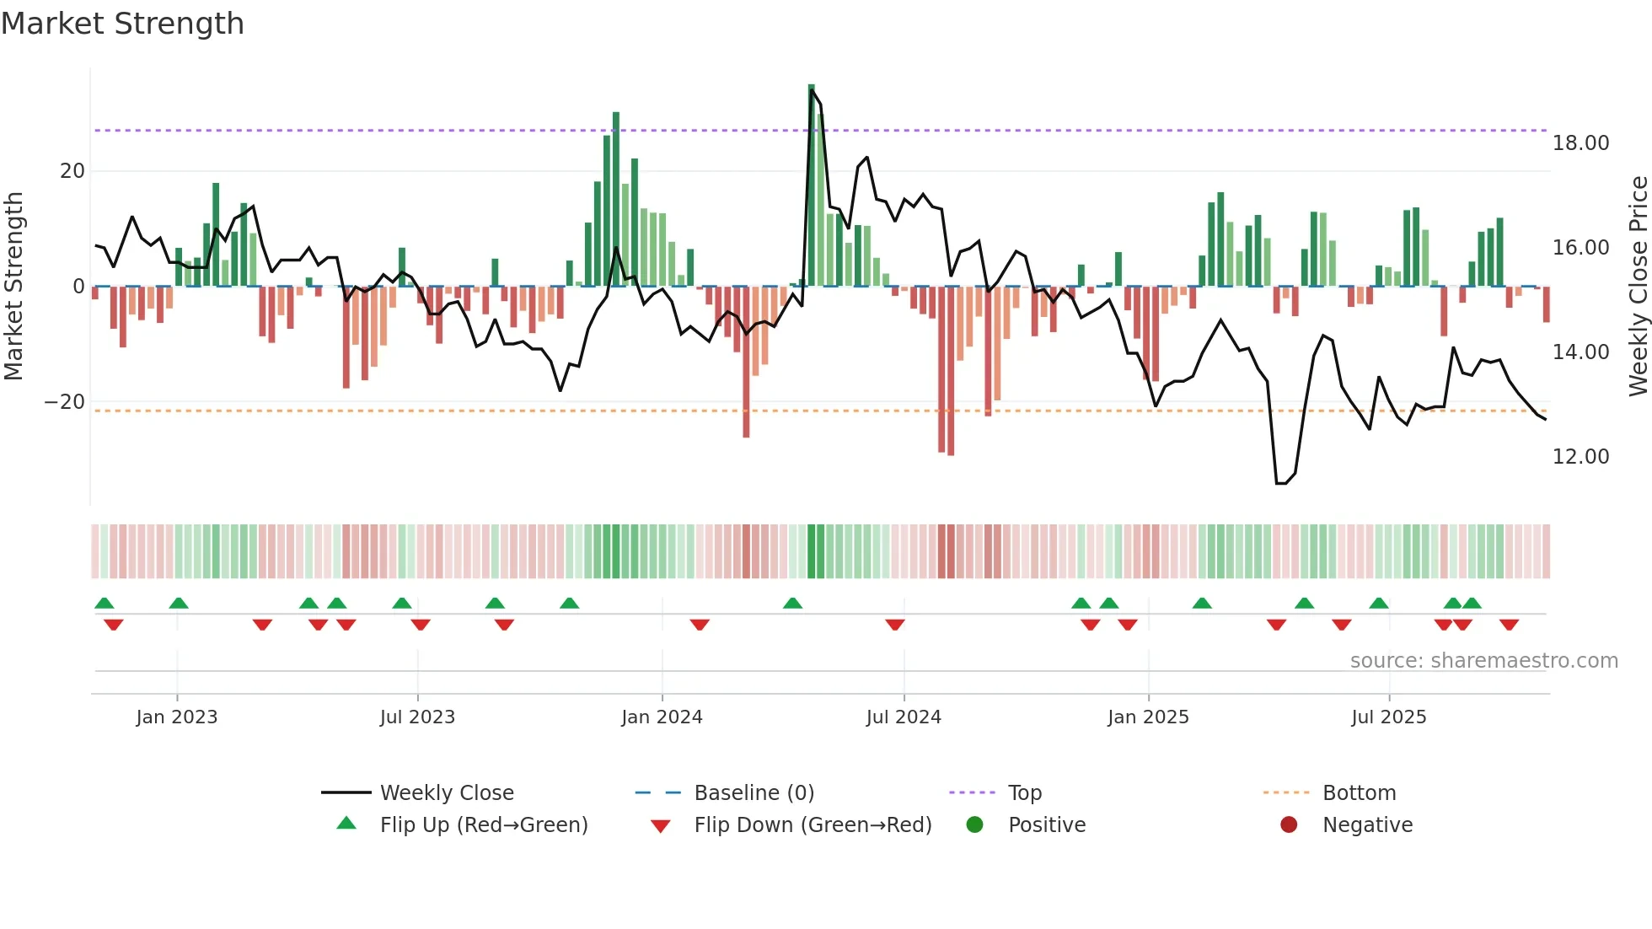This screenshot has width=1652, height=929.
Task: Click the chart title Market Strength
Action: click(x=122, y=24)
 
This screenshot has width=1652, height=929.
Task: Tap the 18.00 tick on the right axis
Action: click(x=1580, y=143)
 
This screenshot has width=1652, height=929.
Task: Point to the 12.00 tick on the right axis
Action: click(x=1580, y=457)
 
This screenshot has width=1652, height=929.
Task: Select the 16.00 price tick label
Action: click(x=1580, y=248)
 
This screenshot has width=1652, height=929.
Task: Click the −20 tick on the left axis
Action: click(x=65, y=402)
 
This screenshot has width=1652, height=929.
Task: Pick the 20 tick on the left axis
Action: click(x=72, y=171)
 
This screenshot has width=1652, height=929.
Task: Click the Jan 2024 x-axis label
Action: click(x=662, y=717)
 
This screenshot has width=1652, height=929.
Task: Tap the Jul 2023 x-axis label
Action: click(x=417, y=717)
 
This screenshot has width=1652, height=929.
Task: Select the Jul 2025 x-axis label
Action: click(x=1388, y=717)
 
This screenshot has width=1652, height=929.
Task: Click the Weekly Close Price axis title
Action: click(x=1638, y=287)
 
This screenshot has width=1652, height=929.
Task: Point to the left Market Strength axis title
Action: click(x=13, y=287)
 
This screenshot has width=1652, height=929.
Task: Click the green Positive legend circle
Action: click(x=975, y=825)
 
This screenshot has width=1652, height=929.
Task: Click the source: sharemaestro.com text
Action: click(x=1483, y=661)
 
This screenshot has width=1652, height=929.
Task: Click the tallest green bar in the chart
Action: click(x=811, y=185)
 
